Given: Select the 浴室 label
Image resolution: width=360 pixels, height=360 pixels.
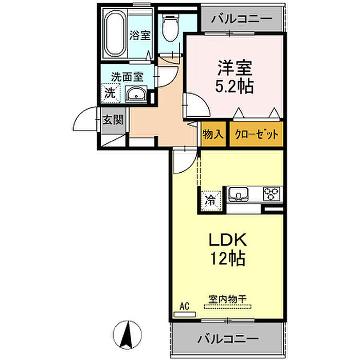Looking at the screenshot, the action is click(140, 35).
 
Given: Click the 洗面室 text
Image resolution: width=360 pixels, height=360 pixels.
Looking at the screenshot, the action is click(127, 77).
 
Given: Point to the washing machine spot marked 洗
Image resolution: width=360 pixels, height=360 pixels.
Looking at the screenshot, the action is click(111, 93).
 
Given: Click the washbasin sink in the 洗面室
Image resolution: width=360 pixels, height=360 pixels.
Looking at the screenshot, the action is click(136, 94).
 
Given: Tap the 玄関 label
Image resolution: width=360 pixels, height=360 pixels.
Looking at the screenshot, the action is click(113, 120).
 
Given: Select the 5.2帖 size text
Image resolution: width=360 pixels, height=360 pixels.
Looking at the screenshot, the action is click(234, 86).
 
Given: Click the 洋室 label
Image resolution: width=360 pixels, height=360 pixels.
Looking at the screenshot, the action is click(235, 68).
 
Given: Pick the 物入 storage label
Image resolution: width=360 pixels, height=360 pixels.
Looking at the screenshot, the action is click(213, 134).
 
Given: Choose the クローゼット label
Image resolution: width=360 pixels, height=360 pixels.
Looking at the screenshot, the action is click(256, 134).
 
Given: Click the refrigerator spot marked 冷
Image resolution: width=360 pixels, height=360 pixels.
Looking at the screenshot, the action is click(211, 201).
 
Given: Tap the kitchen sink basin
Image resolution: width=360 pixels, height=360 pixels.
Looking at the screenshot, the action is click(238, 194).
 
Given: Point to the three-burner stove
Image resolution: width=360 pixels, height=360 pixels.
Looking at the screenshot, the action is click(272, 194).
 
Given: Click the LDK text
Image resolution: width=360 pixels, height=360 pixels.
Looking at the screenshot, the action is click(227, 240).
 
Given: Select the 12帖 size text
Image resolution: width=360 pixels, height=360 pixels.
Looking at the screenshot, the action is click(228, 258).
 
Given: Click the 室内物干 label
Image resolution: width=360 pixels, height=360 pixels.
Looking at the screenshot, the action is click(227, 299).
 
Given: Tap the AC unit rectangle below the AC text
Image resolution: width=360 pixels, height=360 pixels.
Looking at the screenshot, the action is click(185, 314).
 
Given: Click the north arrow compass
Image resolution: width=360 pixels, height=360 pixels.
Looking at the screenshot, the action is click(127, 334).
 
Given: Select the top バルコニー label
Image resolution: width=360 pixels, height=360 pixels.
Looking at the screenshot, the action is click(242, 19).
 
